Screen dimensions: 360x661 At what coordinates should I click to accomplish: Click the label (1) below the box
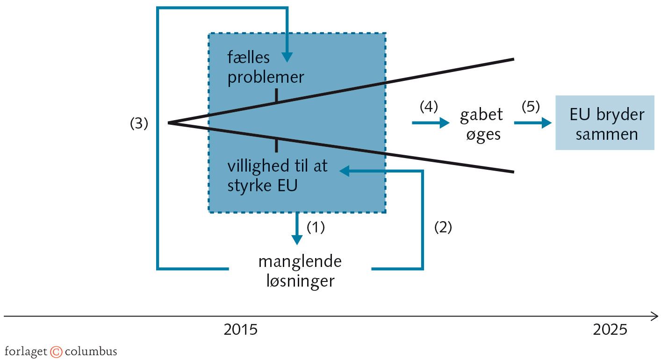[315, 227]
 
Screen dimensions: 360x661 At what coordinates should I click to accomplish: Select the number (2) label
[443, 227]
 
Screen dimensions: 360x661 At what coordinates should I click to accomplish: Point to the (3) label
[139, 124]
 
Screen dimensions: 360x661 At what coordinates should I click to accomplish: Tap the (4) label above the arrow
[429, 107]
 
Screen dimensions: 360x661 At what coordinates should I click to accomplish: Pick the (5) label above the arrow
[531, 107]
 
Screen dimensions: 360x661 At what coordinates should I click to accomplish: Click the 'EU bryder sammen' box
[604, 122]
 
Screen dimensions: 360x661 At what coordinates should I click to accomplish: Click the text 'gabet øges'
[481, 124]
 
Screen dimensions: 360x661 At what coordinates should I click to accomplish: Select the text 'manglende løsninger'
[300, 271]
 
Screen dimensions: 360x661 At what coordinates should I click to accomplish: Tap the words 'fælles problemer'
[266, 68]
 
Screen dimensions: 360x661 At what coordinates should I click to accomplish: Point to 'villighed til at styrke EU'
[278, 176]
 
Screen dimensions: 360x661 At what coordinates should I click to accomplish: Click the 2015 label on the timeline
[240, 330]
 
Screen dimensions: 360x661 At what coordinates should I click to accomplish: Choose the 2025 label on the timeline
[610, 330]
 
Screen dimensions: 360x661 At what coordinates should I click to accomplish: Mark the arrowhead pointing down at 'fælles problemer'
[287, 57]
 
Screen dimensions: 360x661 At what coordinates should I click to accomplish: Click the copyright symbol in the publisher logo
[56, 352]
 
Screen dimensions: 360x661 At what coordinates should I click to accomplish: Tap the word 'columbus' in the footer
[91, 351]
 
